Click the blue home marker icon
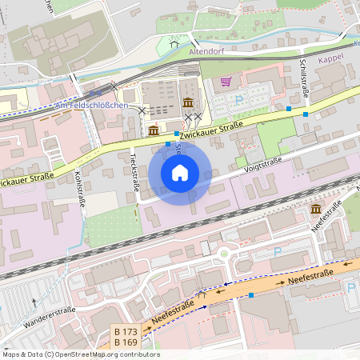(x=180, y=172)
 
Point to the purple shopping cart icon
(x=226, y=82)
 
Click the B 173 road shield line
(x=126, y=331)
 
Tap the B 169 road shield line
(x=126, y=342)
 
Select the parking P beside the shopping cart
(x=240, y=100)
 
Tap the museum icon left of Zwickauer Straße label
(x=153, y=130)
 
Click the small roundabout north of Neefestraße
(x=224, y=255)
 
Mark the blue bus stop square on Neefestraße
(x=252, y=295)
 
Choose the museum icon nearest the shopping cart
(x=187, y=102)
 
